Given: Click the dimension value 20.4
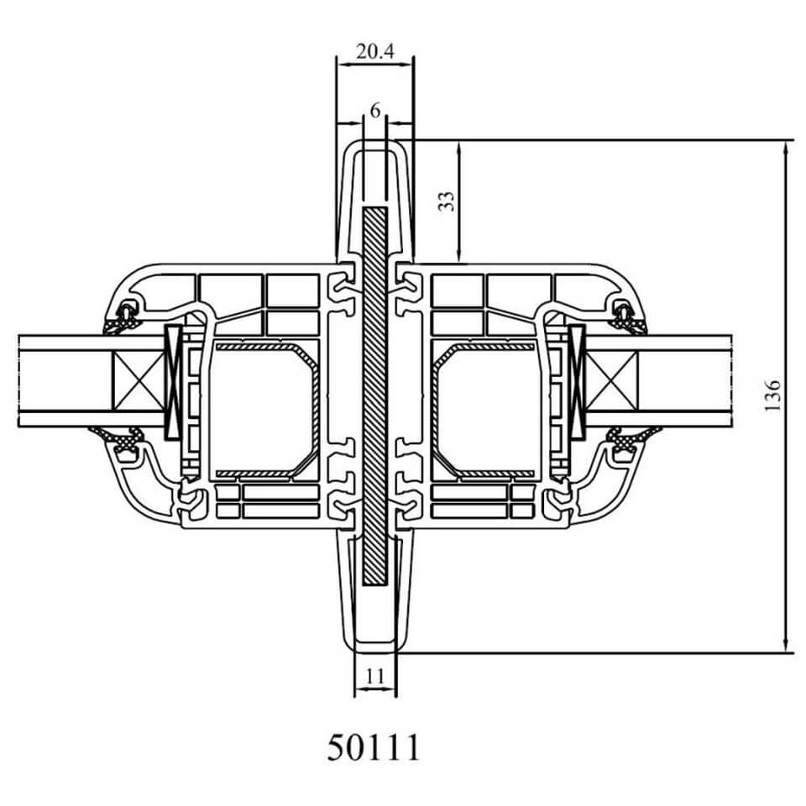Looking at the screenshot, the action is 374,51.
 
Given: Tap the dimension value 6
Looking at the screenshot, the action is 375,110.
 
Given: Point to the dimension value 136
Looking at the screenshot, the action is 772,395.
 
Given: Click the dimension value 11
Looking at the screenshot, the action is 375,677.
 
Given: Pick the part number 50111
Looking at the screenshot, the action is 374,747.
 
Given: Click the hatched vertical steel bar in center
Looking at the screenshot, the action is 374,396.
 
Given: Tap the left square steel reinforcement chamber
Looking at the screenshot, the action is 264,410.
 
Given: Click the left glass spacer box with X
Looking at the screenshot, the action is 138,381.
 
